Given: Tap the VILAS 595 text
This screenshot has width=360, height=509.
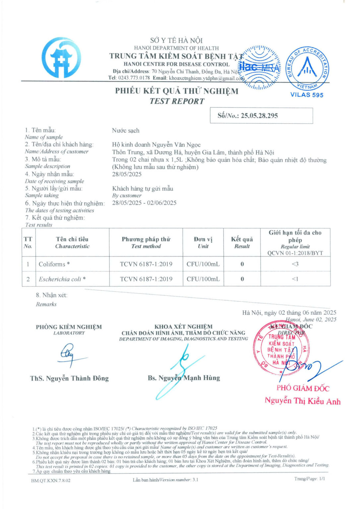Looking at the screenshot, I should pyautogui.click(x=307, y=95).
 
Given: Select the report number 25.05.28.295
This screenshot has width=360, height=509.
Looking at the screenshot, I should pyautogui.click(x=259, y=116).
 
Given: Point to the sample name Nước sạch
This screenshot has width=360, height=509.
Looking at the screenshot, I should pyautogui.click(x=126, y=131).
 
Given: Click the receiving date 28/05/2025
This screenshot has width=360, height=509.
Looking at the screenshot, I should pyautogui.click(x=127, y=174).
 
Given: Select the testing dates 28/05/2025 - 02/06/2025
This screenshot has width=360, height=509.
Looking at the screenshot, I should pyautogui.click(x=144, y=203).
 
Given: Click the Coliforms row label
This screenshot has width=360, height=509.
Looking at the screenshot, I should pyautogui.click(x=54, y=264).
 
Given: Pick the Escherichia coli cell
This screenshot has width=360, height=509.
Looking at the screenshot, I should pyautogui.click(x=62, y=279).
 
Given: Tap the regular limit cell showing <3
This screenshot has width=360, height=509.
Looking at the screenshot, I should pyautogui.click(x=295, y=264).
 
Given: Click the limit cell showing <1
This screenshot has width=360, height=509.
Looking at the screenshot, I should pyautogui.click(x=295, y=279).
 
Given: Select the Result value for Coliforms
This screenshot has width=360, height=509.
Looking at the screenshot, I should pyautogui.click(x=242, y=264).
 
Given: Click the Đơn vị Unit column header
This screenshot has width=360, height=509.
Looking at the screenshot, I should pyautogui.click(x=203, y=243).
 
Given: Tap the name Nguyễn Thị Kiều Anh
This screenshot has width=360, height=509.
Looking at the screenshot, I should pyautogui.click(x=302, y=401).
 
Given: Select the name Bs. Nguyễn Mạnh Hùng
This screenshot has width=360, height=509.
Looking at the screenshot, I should pyautogui.click(x=184, y=378).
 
